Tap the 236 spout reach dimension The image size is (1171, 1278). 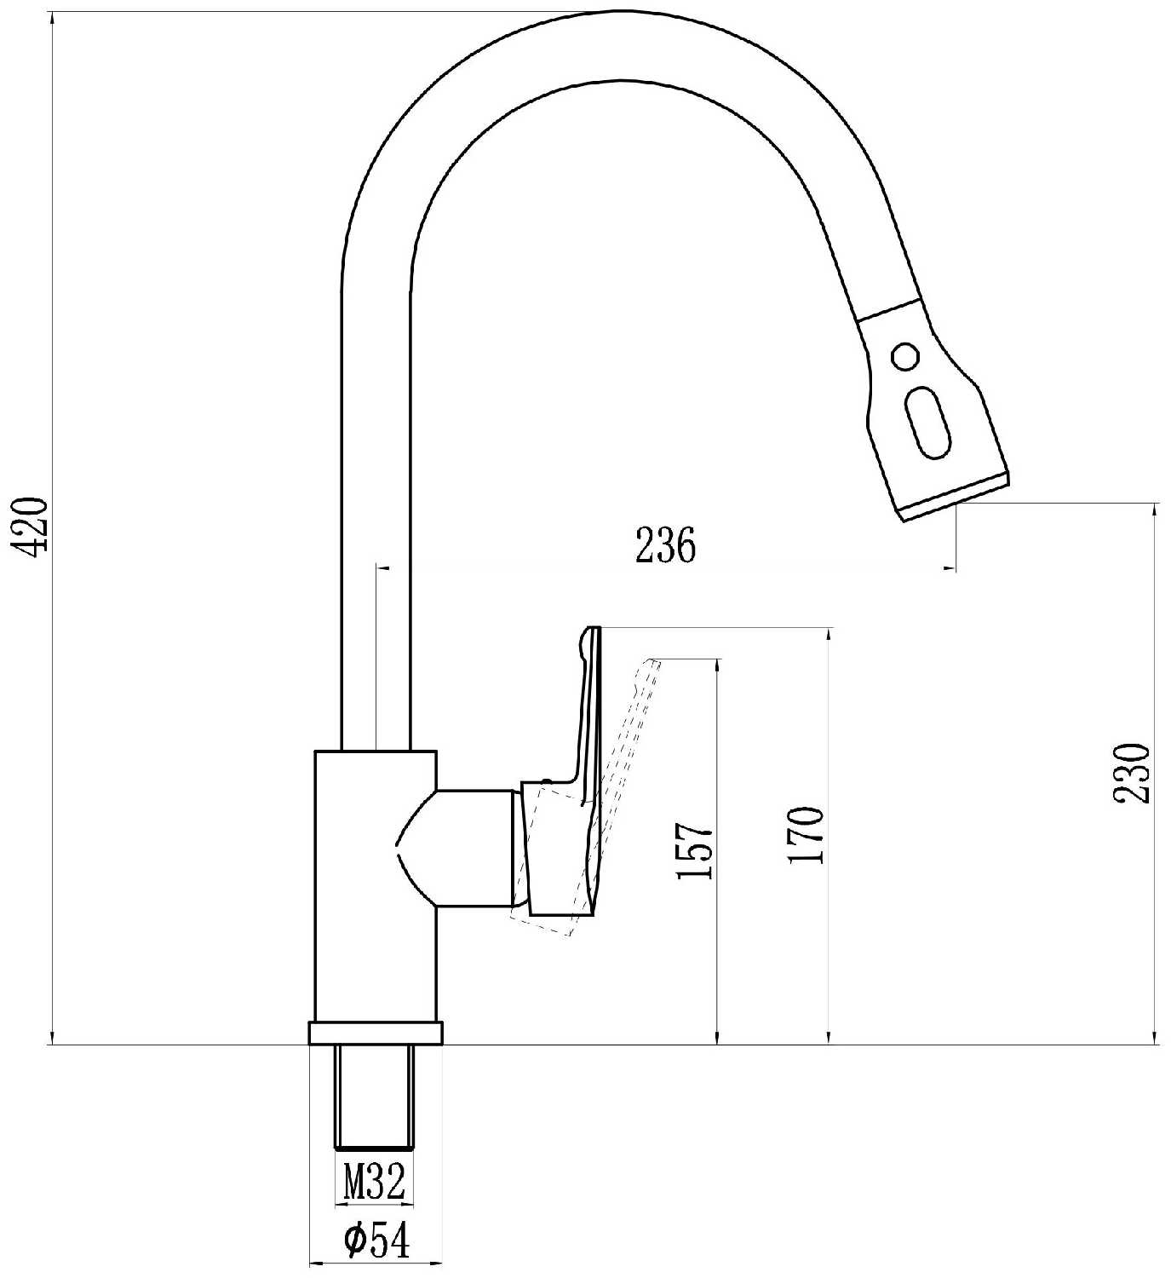click(665, 545)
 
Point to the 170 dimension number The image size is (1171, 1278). click(806, 835)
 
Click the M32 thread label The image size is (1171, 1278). click(375, 1181)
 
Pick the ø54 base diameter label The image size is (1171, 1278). click(376, 1239)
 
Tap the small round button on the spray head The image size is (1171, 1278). click(904, 355)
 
